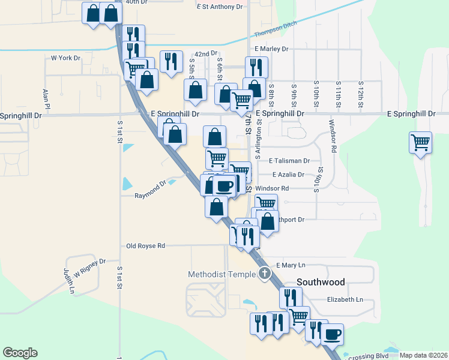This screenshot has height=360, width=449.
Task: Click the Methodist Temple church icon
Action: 265,275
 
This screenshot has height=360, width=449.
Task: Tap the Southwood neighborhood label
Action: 321,282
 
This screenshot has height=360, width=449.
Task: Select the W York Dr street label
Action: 65,58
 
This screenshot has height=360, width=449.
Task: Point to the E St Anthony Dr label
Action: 219,7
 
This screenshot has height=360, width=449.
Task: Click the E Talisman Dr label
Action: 289,161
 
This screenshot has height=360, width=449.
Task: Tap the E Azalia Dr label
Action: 288,175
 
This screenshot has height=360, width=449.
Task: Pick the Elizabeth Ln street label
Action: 345,299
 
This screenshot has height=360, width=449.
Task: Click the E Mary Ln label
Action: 291,265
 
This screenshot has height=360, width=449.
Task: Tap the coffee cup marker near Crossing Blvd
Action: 332,334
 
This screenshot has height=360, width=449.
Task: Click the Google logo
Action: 20,353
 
